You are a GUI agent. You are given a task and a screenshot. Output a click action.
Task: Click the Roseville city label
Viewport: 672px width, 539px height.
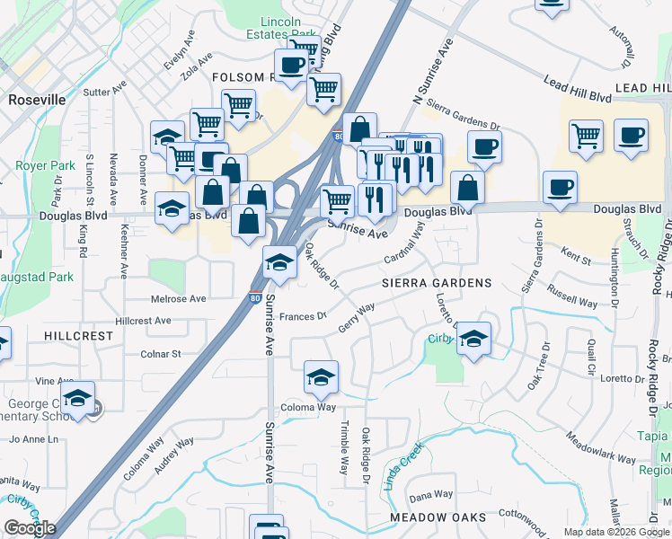coord(37,100)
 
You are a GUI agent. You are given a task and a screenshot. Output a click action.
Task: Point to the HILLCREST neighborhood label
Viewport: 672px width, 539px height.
coord(79,336)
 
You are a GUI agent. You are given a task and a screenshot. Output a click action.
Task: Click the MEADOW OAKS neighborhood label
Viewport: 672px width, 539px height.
coord(438,518)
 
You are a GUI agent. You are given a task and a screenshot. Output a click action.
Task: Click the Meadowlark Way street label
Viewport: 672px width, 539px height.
coord(600,446)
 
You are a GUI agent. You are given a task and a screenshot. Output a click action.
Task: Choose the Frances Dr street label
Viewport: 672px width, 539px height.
coord(302,316)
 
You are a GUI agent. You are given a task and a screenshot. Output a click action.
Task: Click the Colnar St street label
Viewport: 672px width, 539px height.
coord(161,354)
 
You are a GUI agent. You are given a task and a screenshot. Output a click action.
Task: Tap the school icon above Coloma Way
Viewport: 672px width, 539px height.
coord(320,378)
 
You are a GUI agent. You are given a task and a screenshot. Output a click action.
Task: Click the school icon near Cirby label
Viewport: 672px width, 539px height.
coord(473,339)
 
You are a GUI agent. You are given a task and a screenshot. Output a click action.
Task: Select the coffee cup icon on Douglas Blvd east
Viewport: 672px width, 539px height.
coord(560,188)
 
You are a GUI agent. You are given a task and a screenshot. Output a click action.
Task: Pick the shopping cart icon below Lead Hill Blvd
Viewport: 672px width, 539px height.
coord(586,136)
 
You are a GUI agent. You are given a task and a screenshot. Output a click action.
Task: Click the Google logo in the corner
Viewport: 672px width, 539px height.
coord(29,528)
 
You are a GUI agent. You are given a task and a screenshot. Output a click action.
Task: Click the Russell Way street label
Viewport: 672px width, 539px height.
coord(572,297)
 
